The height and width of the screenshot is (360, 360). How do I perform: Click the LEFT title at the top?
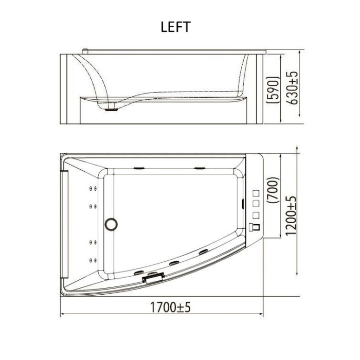click(176, 27)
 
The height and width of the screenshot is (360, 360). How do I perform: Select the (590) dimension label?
click(273, 90)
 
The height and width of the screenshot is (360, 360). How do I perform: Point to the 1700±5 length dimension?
click(170, 308)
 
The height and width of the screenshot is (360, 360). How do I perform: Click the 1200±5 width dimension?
click(291, 216)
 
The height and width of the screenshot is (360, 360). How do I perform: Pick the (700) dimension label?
click(274, 190)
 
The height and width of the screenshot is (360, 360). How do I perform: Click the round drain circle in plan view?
click(112, 224)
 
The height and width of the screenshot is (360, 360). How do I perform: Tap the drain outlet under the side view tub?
click(112, 110)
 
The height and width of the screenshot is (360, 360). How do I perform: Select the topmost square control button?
click(256, 193)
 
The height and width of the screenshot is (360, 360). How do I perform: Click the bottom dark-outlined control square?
click(256, 227)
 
